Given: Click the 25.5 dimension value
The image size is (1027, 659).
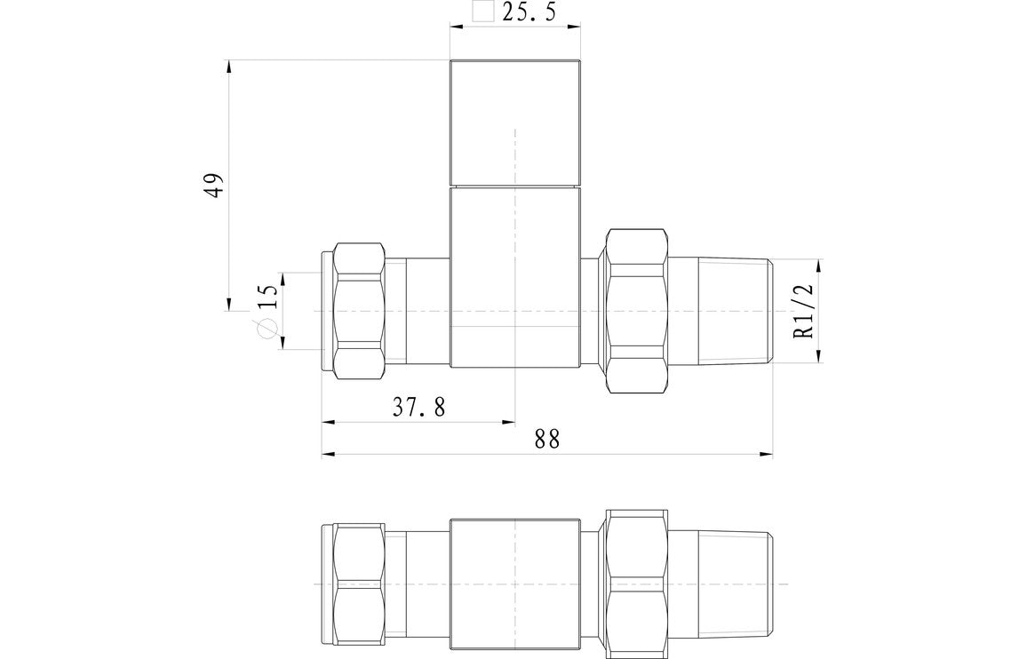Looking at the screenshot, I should coord(529,13).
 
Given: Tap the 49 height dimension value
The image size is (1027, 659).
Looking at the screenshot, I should coord(214,185).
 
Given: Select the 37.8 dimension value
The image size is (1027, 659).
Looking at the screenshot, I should coord(418,408).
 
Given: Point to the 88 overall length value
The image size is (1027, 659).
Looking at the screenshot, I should coord(547,440).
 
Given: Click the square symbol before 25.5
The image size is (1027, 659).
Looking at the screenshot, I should coord(482,12).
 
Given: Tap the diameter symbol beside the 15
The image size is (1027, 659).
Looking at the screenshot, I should coord(266,329).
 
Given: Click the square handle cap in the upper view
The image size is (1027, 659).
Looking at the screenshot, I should coord(515,123).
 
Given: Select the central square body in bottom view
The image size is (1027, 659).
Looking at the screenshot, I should coord(515,583).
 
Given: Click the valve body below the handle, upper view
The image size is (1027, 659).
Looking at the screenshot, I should coord(515,277).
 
